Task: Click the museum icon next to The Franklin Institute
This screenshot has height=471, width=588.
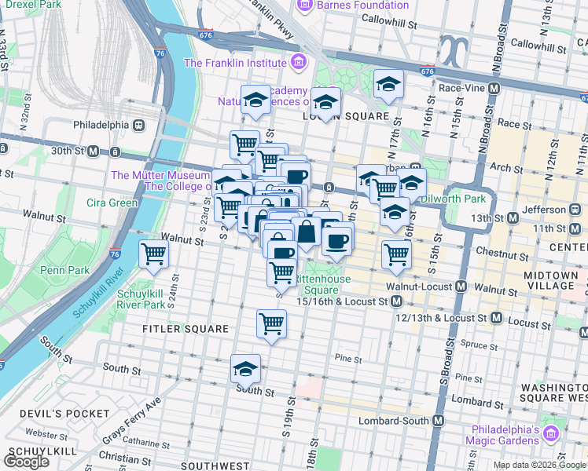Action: point(297,63)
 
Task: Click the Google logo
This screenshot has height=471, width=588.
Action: point(26,462)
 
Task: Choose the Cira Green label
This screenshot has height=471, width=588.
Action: point(112,203)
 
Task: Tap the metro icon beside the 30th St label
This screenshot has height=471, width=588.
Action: point(93,151)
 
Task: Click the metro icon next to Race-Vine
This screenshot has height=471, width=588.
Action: point(494,89)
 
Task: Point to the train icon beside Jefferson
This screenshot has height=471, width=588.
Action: point(575,210)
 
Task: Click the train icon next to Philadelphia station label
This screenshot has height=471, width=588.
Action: point(138,125)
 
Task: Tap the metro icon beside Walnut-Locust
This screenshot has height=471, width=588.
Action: point(461,289)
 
